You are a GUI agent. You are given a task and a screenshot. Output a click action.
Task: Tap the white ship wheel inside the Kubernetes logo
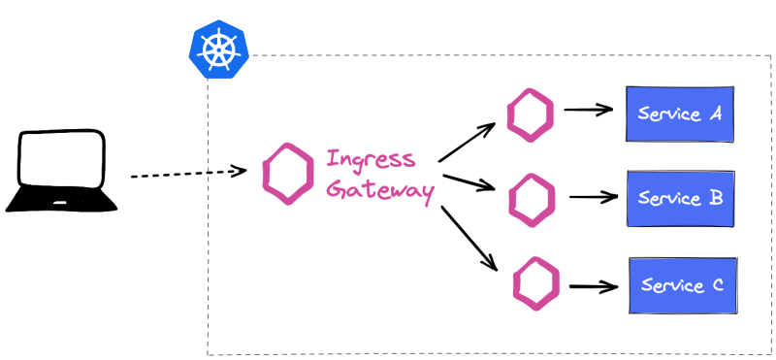click(218, 49)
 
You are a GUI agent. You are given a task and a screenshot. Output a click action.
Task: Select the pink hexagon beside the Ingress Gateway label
click(288, 174)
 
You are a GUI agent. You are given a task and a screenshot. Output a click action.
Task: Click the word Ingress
click(371, 159)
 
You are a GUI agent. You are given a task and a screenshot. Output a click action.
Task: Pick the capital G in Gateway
click(336, 189)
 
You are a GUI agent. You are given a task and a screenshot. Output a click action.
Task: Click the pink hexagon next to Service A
click(531, 115)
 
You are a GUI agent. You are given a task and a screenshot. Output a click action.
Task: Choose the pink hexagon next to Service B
click(533, 199)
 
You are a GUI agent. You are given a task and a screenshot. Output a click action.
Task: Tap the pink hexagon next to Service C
click(536, 283)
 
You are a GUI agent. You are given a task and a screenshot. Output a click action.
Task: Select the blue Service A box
click(679, 114)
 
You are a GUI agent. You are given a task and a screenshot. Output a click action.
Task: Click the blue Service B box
click(681, 199)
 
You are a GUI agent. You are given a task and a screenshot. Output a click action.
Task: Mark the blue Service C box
click(683, 285)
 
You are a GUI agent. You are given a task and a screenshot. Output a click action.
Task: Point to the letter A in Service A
click(715, 114)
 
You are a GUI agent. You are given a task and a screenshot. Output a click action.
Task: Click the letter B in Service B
click(716, 198)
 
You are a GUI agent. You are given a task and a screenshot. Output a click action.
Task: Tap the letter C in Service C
click(717, 285)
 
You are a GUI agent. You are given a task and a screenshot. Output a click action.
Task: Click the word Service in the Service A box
click(668, 114)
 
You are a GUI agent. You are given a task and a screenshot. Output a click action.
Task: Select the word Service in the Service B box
click(669, 199)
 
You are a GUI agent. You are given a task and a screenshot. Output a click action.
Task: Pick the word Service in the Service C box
click(671, 286)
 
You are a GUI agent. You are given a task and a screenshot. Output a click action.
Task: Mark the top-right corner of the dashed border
click(771, 55)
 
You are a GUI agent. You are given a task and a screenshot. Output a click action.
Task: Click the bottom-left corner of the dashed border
click(208, 354)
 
